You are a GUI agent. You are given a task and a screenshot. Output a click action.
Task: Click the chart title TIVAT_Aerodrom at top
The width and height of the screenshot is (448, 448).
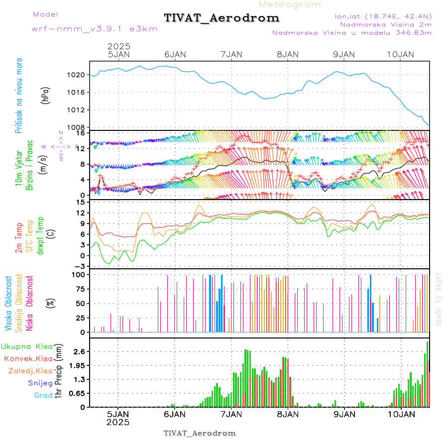coord(222,18)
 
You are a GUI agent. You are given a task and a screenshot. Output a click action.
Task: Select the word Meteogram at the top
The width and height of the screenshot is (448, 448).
coord(290,4)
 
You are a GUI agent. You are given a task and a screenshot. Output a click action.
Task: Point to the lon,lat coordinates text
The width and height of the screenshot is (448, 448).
coord(383,16)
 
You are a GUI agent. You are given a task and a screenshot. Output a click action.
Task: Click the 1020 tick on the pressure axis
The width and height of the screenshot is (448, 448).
coord(77,75)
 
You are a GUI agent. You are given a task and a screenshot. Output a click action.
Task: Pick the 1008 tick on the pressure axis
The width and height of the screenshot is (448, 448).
coord(77,127)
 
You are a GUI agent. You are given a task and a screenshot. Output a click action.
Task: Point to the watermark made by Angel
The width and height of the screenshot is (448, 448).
coord(438,299)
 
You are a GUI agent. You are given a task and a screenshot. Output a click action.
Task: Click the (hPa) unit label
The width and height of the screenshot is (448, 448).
coord(45,95)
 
